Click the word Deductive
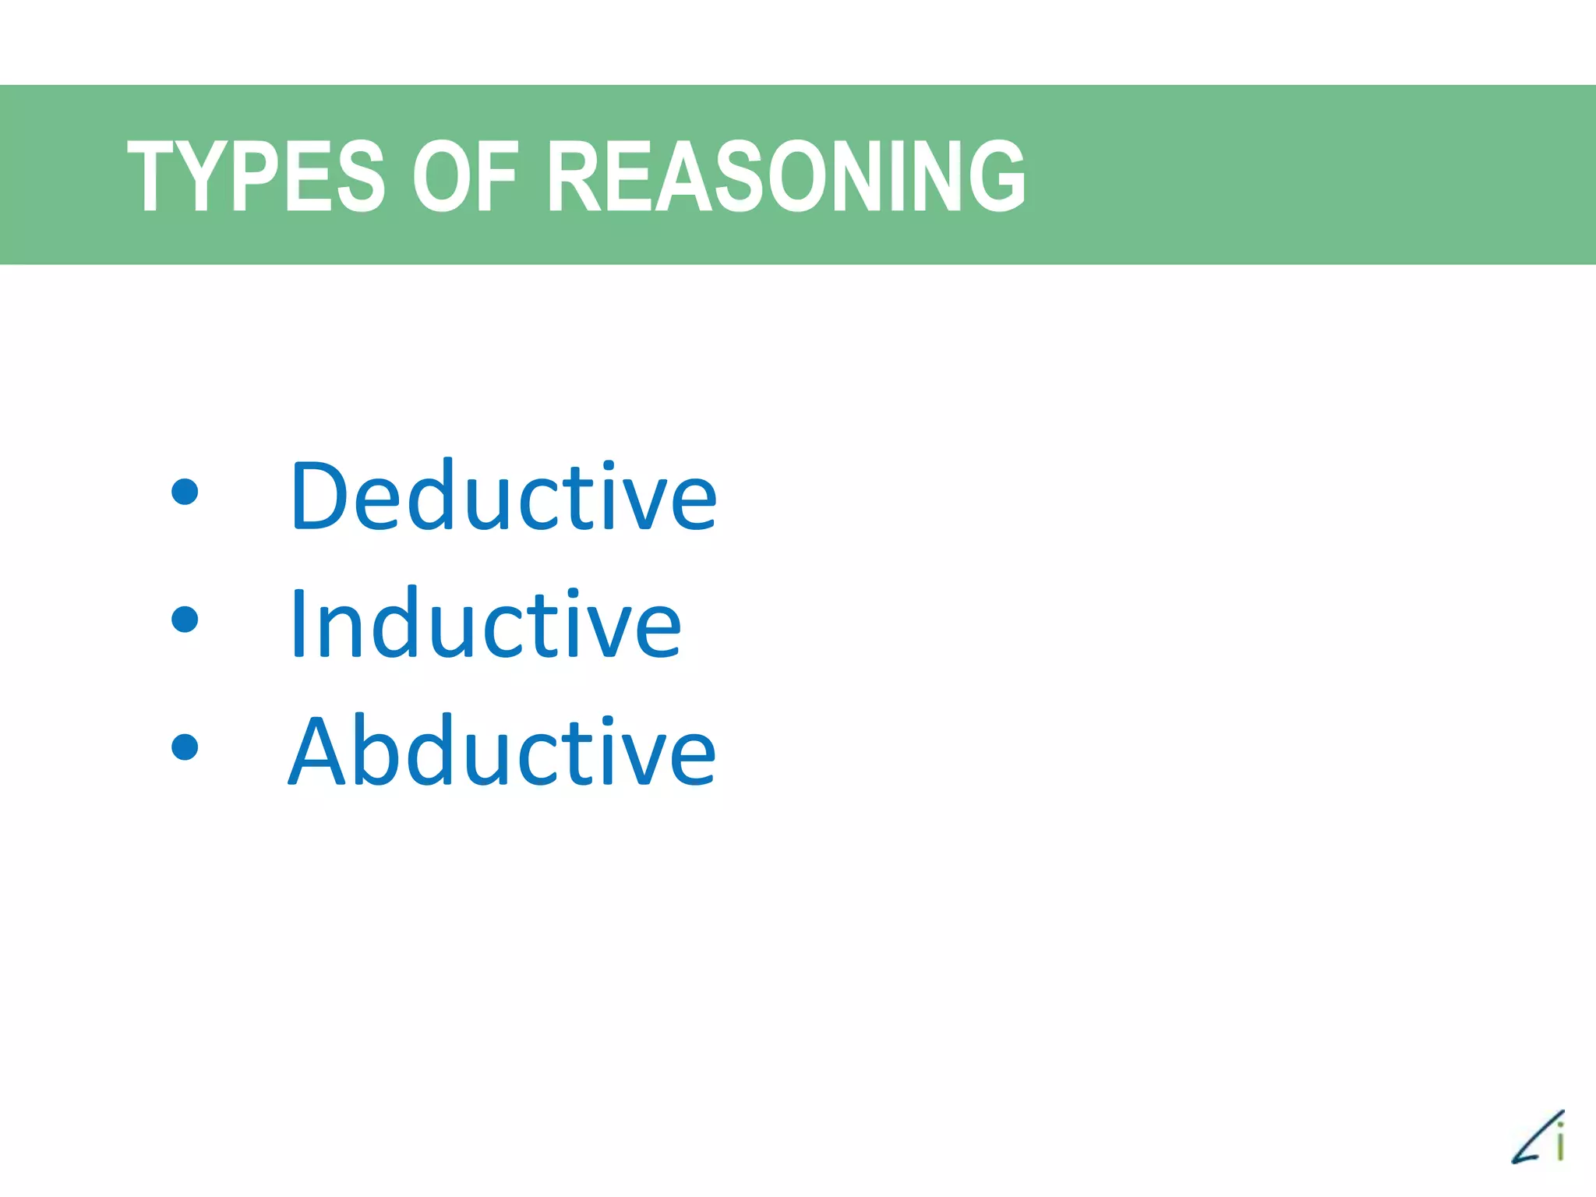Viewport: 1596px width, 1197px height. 503,496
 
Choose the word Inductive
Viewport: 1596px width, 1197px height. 485,623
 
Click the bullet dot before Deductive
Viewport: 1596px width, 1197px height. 185,492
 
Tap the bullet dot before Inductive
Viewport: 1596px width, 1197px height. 185,620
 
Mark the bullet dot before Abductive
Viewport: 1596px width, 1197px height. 185,747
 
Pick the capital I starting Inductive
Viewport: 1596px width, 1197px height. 297,623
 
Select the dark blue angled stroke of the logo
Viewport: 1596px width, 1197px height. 1532,1142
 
